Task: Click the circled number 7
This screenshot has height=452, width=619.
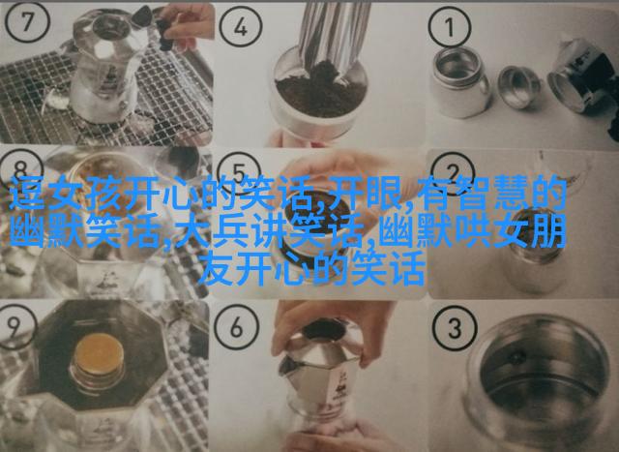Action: click(x=27, y=21)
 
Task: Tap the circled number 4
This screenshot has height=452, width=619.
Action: click(x=241, y=28)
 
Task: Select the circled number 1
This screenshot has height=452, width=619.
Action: click(x=450, y=28)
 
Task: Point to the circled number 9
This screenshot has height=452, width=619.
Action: click(x=15, y=325)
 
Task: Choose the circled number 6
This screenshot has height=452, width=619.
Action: click(x=236, y=327)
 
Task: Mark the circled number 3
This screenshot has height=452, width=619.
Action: click(x=455, y=329)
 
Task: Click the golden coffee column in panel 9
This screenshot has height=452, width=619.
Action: click(x=100, y=355)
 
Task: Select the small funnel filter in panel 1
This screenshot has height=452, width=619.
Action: click(x=518, y=87)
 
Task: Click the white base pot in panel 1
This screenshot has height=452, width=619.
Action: click(x=459, y=82)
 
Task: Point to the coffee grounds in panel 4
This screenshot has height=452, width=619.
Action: click(x=320, y=91)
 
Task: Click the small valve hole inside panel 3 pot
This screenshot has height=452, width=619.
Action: click(x=517, y=357)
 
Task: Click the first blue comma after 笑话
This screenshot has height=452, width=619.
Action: click(x=320, y=202)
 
